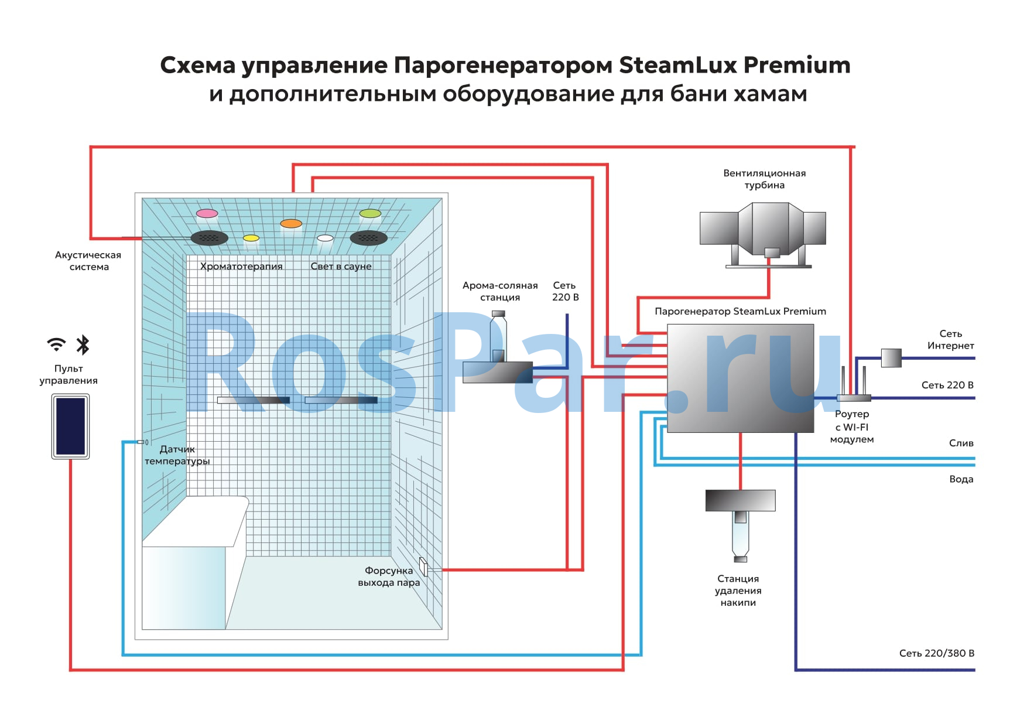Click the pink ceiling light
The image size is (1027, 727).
click(207, 214)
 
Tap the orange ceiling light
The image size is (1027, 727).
click(291, 223)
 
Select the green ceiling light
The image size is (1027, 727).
click(370, 213)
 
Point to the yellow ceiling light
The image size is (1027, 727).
click(251, 238)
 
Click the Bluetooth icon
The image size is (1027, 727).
click(83, 345)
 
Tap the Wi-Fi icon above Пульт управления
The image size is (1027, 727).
click(56, 344)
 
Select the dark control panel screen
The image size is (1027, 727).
click(70, 426)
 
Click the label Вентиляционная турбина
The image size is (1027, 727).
click(764, 179)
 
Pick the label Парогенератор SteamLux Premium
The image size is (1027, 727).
click(740, 311)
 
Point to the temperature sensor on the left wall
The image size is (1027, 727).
click(142, 442)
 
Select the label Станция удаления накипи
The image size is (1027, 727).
click(738, 591)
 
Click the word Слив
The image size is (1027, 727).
click(961, 443)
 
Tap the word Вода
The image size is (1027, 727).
click(961, 479)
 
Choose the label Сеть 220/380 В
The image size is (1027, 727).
click(936, 653)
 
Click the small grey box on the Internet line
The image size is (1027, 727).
click(891, 357)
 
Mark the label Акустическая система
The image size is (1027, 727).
click(88, 261)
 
